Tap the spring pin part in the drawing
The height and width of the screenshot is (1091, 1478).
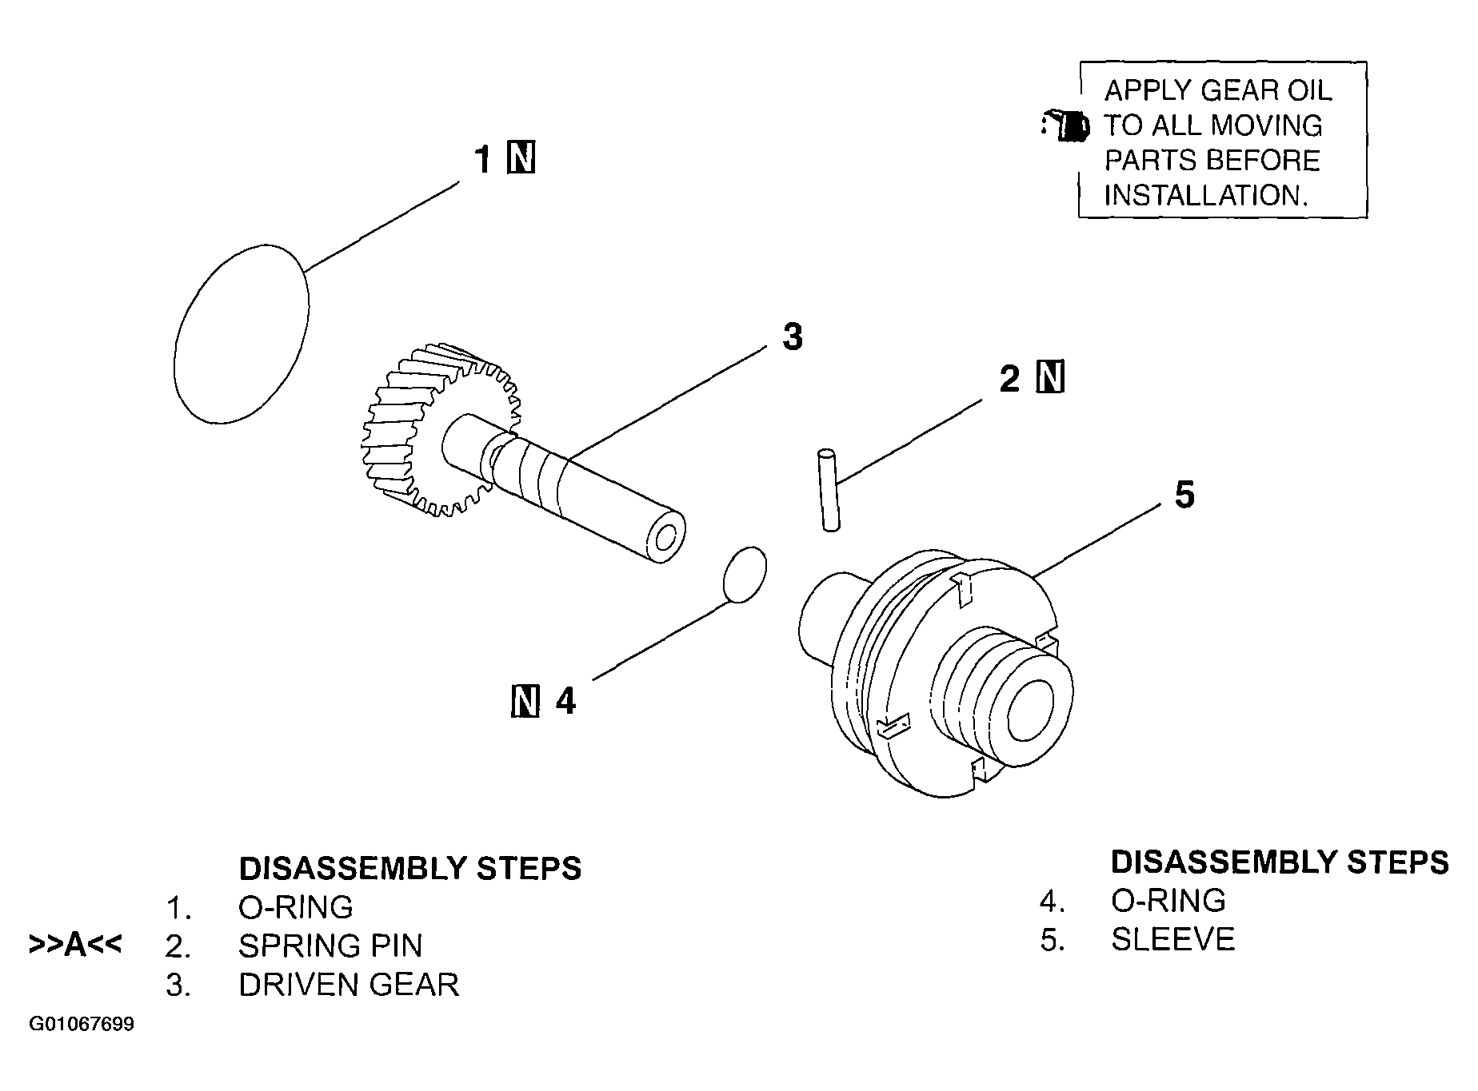coord(828,490)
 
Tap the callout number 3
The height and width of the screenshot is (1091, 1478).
coord(792,336)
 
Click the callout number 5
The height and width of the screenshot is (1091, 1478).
coord(1184,495)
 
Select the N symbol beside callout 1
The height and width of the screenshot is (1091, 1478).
coord(521,158)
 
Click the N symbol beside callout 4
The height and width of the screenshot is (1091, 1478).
coord(525,701)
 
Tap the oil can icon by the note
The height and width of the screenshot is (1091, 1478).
coord(1065,125)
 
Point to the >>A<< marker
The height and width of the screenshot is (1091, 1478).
coord(75,944)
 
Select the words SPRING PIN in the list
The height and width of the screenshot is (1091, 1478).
coord(330,946)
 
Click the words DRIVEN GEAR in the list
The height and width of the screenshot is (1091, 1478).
coord(349,985)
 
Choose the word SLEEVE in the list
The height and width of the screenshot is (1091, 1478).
coord(1172,939)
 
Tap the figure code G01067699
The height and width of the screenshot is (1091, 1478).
coord(82,1025)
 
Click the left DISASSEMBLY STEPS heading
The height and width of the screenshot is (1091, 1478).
coord(410,868)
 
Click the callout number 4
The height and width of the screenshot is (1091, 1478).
coord(565,701)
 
